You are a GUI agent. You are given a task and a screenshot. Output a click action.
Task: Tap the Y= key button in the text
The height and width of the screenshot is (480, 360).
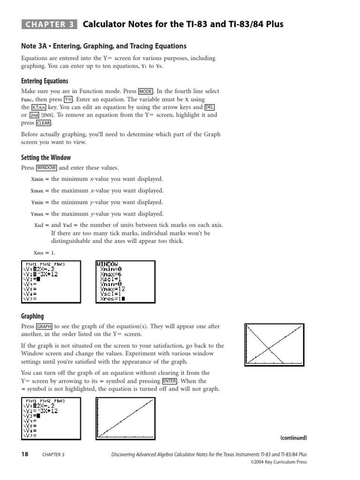(x=68, y=99)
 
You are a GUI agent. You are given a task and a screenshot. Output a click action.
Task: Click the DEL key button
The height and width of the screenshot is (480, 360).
(x=210, y=107)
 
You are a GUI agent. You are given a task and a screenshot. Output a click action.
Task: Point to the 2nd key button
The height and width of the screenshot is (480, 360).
(x=34, y=115)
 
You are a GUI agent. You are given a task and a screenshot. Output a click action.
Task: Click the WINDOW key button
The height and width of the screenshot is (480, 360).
(x=46, y=168)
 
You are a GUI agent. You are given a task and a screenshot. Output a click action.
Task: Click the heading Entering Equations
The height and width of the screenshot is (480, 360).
(x=45, y=81)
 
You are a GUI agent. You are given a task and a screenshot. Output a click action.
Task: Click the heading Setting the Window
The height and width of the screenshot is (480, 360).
(x=46, y=157)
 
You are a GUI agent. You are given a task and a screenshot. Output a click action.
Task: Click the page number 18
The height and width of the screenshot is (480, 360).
(x=25, y=454)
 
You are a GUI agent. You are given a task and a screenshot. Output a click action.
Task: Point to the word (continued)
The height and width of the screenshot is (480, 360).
(x=293, y=438)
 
